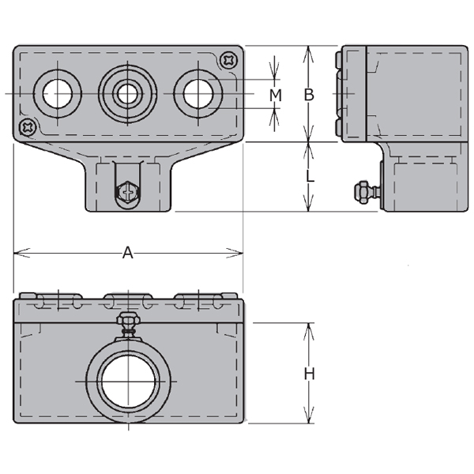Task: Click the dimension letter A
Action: (x=127, y=253)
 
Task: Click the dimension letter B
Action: (x=309, y=95)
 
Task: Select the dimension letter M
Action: (x=276, y=96)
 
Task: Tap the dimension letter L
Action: (x=310, y=175)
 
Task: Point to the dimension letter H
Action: (x=309, y=374)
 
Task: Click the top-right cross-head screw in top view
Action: (x=229, y=60)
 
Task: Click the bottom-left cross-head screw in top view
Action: (x=28, y=127)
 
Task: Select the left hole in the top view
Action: (x=58, y=94)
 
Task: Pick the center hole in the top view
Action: (x=127, y=94)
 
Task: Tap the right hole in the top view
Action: (x=198, y=94)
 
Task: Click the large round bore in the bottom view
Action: (x=129, y=382)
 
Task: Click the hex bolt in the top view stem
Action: (x=128, y=192)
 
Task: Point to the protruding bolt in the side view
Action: (x=367, y=191)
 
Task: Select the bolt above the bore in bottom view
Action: (x=129, y=325)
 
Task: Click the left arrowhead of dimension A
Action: (x=22, y=253)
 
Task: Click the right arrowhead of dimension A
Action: (x=235, y=253)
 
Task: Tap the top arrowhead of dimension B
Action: (x=309, y=54)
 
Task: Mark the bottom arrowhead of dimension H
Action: (x=309, y=415)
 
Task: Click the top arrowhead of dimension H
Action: (x=309, y=331)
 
